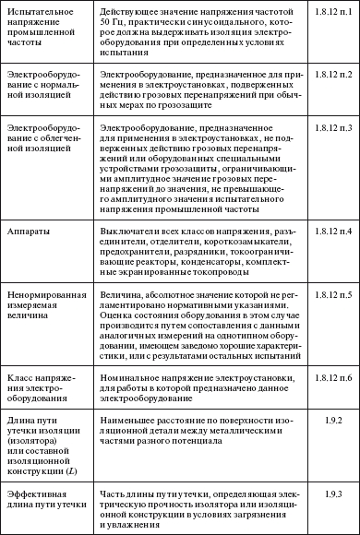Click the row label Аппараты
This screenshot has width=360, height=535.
pyautogui.click(x=29, y=227)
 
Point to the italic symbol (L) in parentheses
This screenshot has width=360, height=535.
pyautogui.click(x=75, y=473)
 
